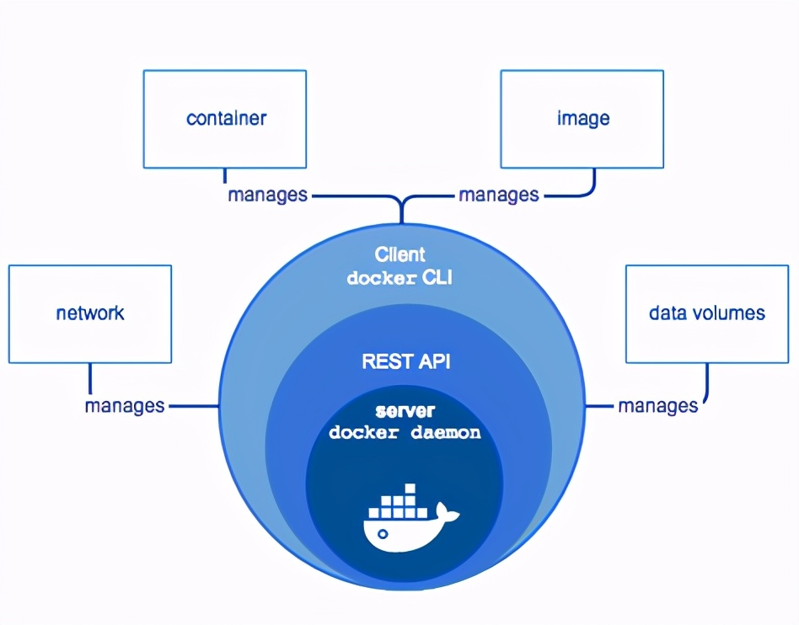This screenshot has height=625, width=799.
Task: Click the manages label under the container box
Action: pyautogui.click(x=267, y=195)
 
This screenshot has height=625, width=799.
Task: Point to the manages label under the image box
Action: pyautogui.click(x=498, y=195)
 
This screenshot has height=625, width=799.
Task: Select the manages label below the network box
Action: pyautogui.click(x=125, y=405)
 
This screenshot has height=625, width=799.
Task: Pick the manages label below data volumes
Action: pyautogui.click(x=657, y=406)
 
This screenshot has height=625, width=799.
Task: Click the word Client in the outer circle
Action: pyautogui.click(x=399, y=254)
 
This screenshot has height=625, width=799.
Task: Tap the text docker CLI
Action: pyautogui.click(x=399, y=277)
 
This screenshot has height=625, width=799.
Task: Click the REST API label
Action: pyautogui.click(x=405, y=361)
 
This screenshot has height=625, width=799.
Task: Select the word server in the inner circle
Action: pyautogui.click(x=405, y=411)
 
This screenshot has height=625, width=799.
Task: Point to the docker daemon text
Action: pyautogui.click(x=405, y=433)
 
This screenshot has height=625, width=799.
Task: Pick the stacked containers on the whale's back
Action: pyautogui.click(x=398, y=504)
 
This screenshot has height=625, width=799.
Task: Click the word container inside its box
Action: pyautogui.click(x=226, y=118)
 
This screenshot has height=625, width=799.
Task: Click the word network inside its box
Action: pyautogui.click(x=90, y=313)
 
